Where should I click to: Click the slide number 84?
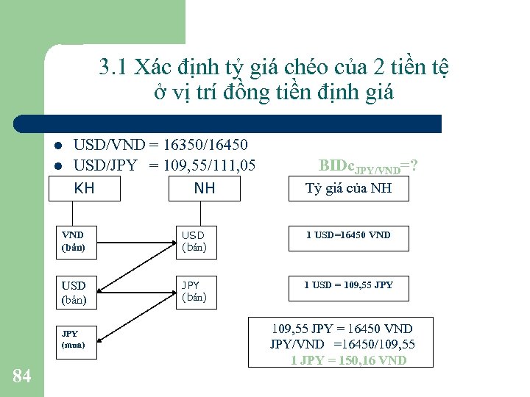point(22,376)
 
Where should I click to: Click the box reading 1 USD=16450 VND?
point(348,236)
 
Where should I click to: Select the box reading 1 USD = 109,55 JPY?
point(348,285)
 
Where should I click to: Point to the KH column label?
point(85,188)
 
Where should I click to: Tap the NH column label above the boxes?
point(205,188)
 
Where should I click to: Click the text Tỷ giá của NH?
point(348,188)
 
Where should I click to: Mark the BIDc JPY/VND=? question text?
point(369,166)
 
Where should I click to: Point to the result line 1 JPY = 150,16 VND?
point(348,360)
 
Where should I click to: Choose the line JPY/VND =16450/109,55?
point(342,344)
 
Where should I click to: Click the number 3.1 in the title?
point(113,68)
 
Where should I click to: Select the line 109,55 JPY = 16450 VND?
point(342,329)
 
